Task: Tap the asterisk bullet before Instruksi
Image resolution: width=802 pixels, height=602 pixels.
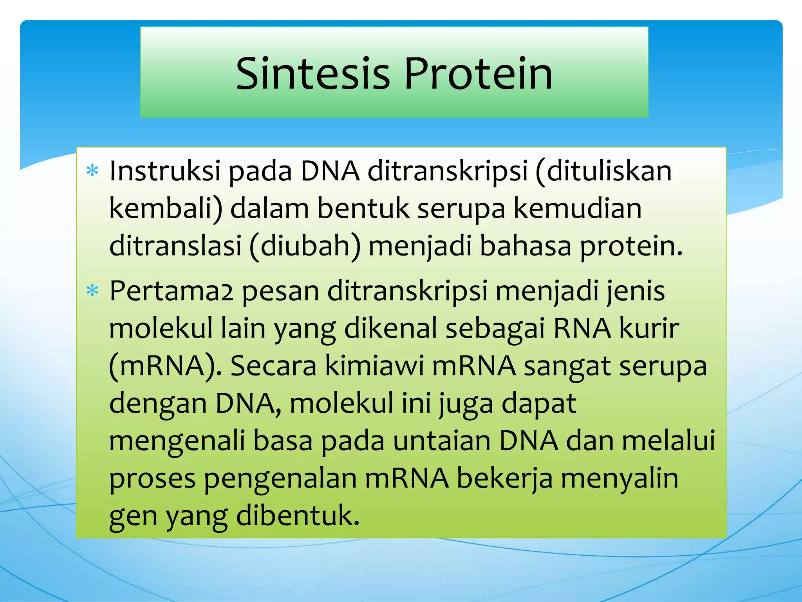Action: click(92, 171)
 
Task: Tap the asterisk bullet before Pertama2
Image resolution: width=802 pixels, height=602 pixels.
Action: click(92, 291)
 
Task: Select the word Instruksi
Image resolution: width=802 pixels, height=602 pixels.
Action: click(165, 171)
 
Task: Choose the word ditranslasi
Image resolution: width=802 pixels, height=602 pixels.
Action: click(175, 246)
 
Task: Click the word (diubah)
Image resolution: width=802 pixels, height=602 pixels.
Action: click(305, 246)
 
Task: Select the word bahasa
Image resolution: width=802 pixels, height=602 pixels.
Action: click(525, 246)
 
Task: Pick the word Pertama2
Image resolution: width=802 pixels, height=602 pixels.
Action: click(171, 291)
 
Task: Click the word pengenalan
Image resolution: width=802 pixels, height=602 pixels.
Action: click(280, 479)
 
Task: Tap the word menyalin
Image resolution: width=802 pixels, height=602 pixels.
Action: click(620, 479)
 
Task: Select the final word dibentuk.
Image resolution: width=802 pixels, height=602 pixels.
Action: click(298, 516)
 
